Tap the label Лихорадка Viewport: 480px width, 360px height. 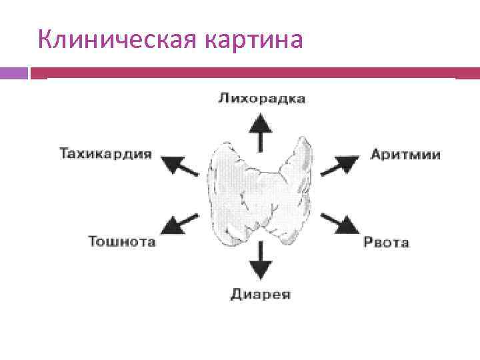(261, 99)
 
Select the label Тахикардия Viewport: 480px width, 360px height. (106, 154)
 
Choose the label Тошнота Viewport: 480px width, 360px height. (122, 241)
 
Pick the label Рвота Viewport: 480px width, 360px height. (386, 242)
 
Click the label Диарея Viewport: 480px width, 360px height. (261, 294)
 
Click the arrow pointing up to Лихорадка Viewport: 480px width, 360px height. (261, 133)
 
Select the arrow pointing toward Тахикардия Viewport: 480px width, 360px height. (181, 164)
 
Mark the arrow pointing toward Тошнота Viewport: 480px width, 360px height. (181, 223)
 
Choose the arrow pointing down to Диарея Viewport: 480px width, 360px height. (261, 260)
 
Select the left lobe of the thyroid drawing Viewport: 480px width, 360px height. (227, 190)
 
